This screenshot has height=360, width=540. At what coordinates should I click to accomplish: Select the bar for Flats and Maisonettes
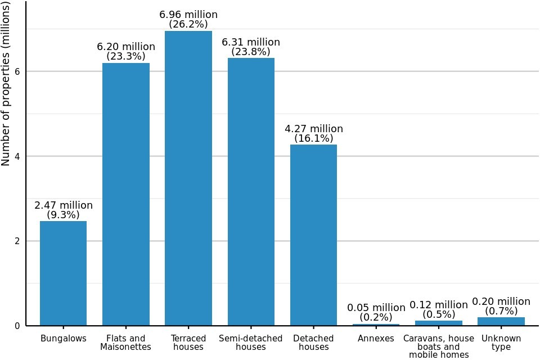point(126,194)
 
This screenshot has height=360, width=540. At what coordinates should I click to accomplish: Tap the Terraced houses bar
point(188,178)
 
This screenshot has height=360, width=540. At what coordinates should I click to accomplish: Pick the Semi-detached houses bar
point(251,191)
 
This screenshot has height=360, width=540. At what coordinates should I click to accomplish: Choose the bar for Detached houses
point(313,235)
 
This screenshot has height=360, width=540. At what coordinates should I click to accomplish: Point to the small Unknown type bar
point(501,322)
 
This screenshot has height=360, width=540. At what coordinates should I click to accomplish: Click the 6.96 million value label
point(188,15)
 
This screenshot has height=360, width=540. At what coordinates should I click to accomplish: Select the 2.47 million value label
point(64,205)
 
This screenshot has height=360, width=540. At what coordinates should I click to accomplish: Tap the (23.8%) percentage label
point(251,52)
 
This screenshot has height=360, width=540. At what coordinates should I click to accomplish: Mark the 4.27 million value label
point(314,129)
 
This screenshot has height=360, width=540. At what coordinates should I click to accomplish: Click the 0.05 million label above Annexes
point(376,308)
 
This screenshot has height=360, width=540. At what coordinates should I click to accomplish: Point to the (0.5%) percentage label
point(439,314)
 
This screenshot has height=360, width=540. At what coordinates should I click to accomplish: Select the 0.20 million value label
point(501,301)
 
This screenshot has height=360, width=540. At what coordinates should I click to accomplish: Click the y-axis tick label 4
point(18,156)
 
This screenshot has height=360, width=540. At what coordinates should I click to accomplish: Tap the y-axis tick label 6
point(18,71)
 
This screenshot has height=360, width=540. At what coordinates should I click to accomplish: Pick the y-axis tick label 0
point(18,326)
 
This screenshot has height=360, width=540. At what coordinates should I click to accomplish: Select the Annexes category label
point(376,339)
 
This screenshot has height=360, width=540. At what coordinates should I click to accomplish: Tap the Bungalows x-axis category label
point(64,339)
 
